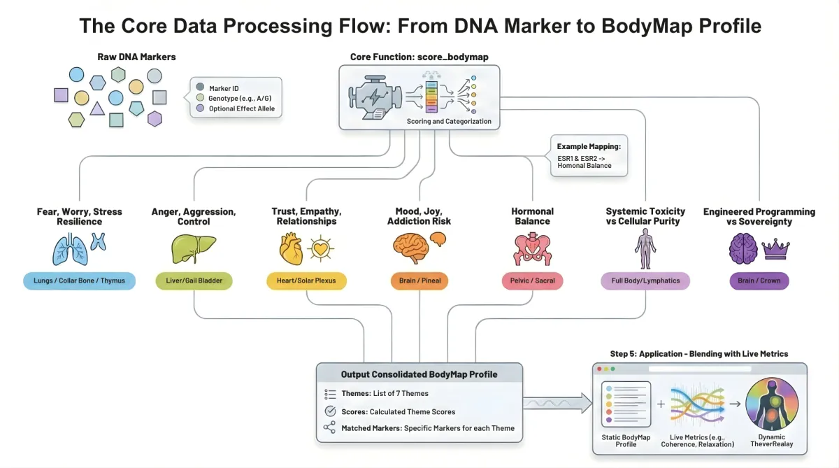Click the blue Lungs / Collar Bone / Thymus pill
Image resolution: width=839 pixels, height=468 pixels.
(x=79, y=281)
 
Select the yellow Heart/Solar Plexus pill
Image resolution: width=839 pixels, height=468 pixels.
(x=306, y=281)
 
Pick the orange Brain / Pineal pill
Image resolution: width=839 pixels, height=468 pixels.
(x=419, y=281)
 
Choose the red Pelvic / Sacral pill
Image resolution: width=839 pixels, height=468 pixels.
(x=532, y=281)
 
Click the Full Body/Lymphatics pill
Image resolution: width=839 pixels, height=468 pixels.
(x=645, y=281)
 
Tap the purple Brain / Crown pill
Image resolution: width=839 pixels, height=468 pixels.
(x=759, y=281)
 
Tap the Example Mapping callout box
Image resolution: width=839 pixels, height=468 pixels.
(x=589, y=156)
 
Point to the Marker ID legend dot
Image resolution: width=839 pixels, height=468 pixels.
(x=201, y=87)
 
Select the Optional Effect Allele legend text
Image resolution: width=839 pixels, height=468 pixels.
(x=242, y=109)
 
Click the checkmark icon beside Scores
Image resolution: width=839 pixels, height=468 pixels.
(x=330, y=411)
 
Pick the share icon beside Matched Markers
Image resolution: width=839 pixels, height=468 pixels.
(x=329, y=428)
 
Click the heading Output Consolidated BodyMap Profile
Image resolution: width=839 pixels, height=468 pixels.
(x=419, y=374)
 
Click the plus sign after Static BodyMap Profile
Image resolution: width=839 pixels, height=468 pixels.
(x=661, y=404)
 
